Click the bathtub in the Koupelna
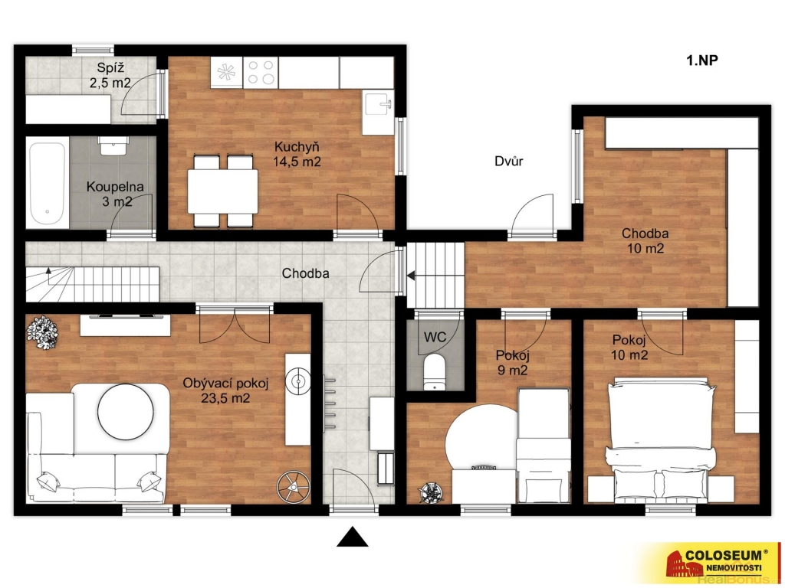click(x=47, y=183)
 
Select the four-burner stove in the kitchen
click(x=261, y=72)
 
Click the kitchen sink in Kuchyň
click(x=379, y=106)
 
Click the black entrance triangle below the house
click(x=352, y=537)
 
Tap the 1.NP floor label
click(x=701, y=60)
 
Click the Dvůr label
click(x=509, y=161)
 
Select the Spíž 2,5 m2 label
click(x=110, y=75)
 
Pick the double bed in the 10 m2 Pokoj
click(x=659, y=440)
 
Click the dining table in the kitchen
click(x=223, y=191)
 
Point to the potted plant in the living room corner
click(x=42, y=332)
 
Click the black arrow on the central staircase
click(x=411, y=276)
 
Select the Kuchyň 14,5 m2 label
click(x=297, y=154)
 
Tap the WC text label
click(x=435, y=337)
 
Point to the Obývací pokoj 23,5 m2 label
click(x=225, y=390)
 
